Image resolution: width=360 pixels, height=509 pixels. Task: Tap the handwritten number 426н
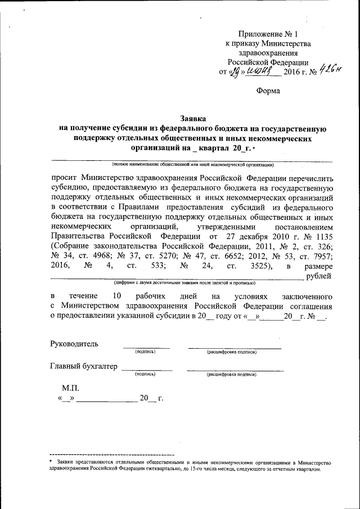330,70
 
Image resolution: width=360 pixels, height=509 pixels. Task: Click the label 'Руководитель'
74,343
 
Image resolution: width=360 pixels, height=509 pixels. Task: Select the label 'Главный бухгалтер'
84,366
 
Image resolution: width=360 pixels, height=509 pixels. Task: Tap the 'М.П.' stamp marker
71,388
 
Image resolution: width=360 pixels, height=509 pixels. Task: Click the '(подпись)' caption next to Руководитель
145,352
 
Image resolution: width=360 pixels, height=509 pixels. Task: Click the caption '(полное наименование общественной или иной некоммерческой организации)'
192,165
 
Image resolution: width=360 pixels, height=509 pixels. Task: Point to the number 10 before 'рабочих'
116,296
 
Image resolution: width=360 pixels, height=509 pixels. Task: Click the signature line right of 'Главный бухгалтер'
147,369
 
